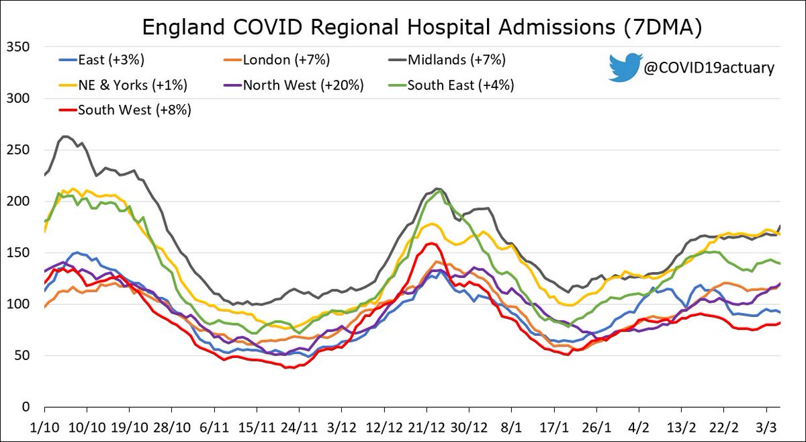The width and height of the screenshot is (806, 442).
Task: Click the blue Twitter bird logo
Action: point(622,67)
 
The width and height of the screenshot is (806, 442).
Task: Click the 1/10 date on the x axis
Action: point(44,427)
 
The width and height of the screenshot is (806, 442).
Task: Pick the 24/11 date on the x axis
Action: point(299,427)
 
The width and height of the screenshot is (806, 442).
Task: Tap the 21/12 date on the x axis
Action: point(427,427)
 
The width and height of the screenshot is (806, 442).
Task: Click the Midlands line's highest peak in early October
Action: point(65,136)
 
